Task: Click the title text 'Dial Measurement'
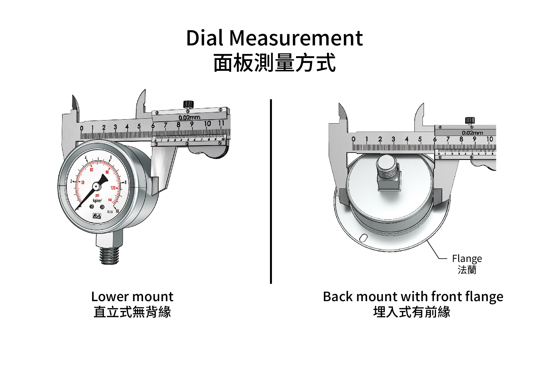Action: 274,38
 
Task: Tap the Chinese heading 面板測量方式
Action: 274,63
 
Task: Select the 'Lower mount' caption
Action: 132,297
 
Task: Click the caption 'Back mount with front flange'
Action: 413,297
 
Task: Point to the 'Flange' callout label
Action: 467,258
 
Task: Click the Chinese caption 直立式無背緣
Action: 132,312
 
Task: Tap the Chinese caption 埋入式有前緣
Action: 412,312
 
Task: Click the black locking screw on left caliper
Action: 188,104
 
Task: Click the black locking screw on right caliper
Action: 470,120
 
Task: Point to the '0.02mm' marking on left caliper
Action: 189,117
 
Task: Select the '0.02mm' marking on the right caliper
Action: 472,133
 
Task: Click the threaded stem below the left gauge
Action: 109,255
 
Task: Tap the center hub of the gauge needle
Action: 96,186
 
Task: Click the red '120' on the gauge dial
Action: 113,188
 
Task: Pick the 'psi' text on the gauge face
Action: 97,196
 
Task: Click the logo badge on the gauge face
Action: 97,216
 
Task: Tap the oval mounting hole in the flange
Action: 363,238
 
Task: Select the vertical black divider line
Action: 271,192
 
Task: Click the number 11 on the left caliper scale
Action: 221,123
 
